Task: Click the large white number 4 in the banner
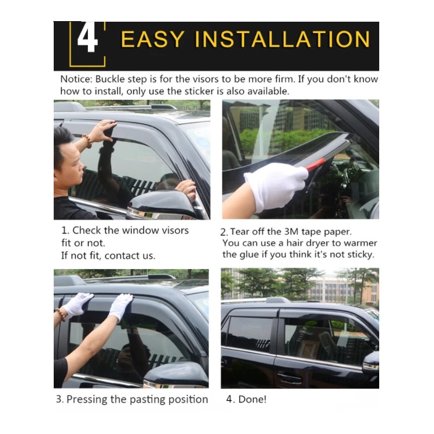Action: [87, 37]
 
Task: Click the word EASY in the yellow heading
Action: [153, 39]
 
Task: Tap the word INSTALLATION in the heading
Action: [282, 39]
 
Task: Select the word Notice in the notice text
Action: [76, 79]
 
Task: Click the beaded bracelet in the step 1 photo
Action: [88, 141]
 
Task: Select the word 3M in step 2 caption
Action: [291, 232]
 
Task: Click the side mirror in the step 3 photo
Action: [176, 374]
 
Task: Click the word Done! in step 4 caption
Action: [252, 399]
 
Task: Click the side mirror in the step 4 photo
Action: [372, 362]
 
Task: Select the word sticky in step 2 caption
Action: [361, 255]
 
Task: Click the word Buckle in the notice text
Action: [110, 79]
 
